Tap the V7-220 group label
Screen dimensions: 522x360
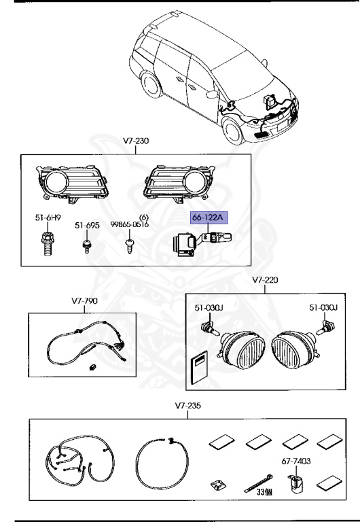(x=266, y=279)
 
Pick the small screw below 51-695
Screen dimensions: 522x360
(x=87, y=245)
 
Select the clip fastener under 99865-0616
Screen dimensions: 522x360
(x=130, y=245)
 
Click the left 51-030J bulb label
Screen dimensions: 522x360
(x=209, y=307)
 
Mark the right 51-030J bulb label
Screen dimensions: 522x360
(x=324, y=307)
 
